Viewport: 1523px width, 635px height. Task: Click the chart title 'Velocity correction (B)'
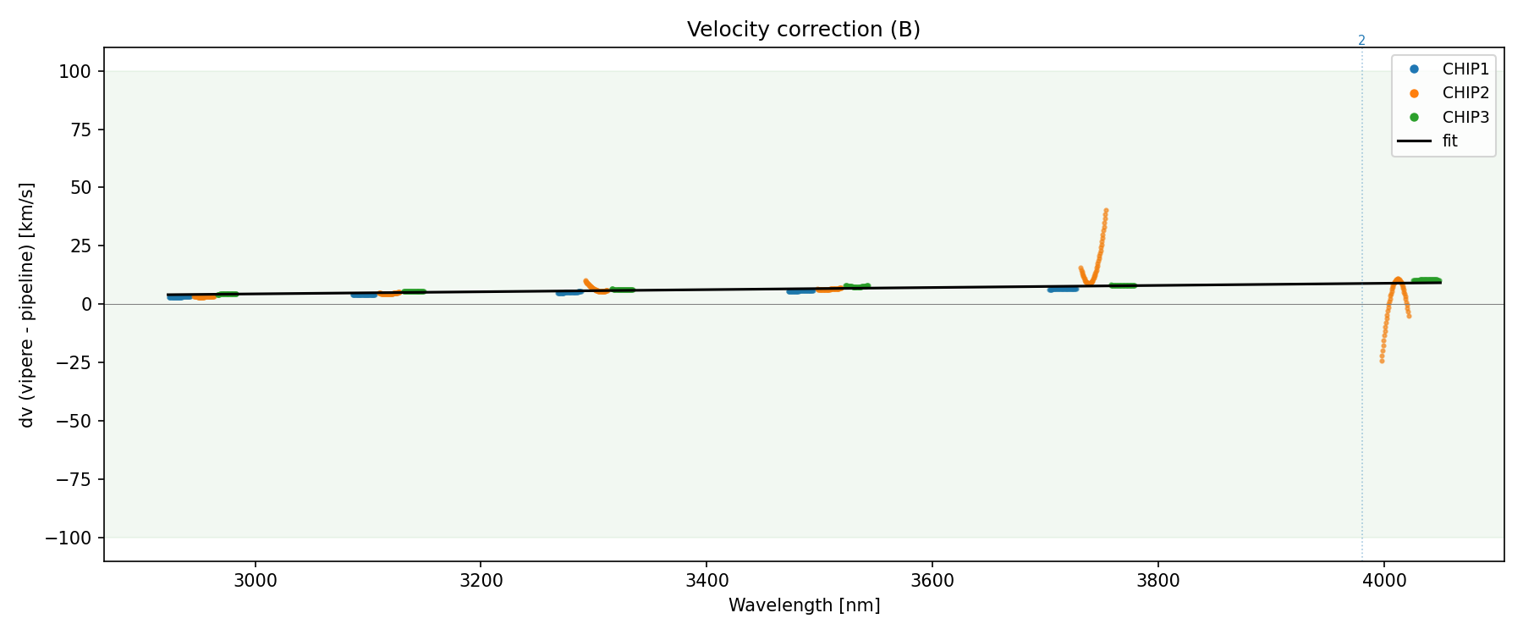(803, 30)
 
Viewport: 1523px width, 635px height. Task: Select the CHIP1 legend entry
(1465, 69)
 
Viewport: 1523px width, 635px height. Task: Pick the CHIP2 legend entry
(1465, 93)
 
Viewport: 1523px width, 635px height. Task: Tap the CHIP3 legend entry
(1465, 118)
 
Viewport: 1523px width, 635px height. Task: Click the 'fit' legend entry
(1449, 141)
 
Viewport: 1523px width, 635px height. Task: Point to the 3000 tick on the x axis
(255, 580)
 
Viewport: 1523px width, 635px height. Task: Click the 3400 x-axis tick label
(706, 580)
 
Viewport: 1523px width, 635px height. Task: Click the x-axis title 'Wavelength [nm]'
(804, 605)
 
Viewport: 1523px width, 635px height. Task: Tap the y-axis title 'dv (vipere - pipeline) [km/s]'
(27, 305)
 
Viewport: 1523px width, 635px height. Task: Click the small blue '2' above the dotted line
(1361, 41)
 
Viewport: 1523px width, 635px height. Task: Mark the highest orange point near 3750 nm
(1106, 211)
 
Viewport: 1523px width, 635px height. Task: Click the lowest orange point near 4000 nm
(1382, 361)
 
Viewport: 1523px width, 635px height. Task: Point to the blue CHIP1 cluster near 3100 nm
(365, 295)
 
